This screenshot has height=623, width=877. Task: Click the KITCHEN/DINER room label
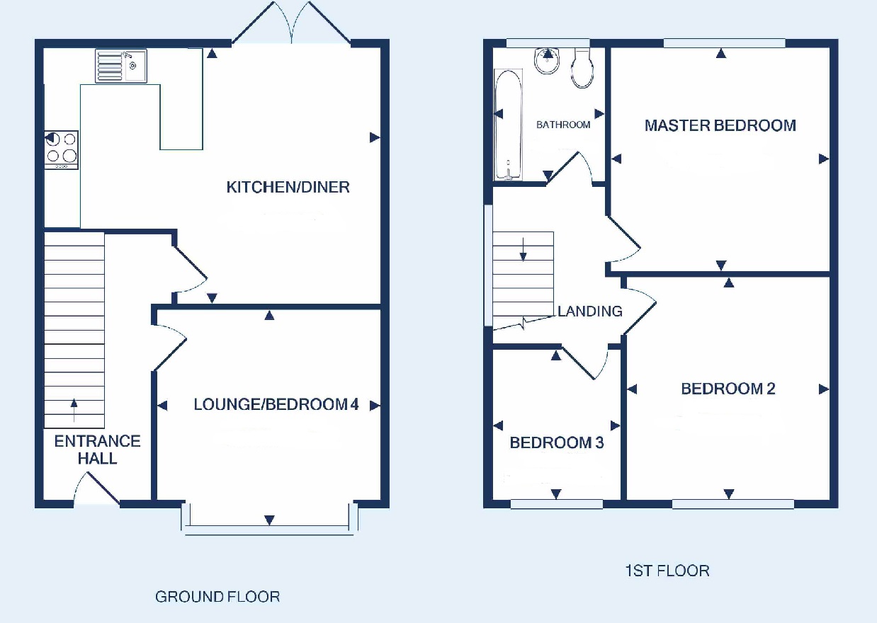pos(288,188)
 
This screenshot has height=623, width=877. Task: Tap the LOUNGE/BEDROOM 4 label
pos(276,404)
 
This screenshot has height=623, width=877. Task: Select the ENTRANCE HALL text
pos(97,450)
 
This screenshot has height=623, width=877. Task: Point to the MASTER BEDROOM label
pos(720,125)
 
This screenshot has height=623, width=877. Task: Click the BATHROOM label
pos(563,125)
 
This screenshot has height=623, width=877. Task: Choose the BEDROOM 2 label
pos(728,389)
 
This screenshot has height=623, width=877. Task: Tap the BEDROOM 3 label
pos(556,442)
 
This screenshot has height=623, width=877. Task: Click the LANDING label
pos(589,311)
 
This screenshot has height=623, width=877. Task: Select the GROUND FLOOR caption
pos(217,597)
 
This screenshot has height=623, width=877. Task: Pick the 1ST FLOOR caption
pos(667,571)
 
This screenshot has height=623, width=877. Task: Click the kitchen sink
pos(121,66)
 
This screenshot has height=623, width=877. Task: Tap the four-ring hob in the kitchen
pos(62,150)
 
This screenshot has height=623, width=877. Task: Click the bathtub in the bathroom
pos(508,125)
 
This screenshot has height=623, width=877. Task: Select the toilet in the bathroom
pos(582,68)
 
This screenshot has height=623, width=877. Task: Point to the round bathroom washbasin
pos(547,61)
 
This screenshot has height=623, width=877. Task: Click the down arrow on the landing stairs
pos(523,250)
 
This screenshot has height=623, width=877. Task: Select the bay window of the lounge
pos(269,520)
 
